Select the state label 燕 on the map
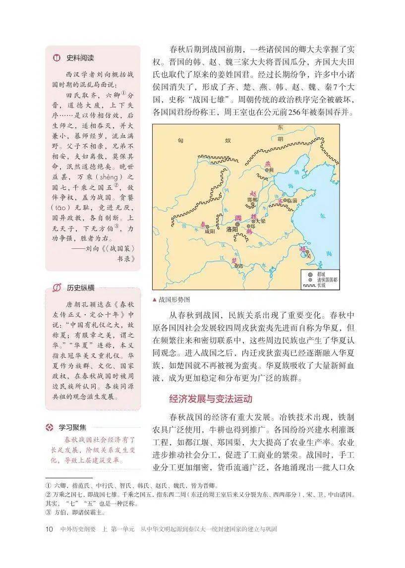point(268,164)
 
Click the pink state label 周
point(238,218)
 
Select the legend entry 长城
point(322,285)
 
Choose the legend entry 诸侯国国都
point(326,280)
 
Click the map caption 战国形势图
point(174,300)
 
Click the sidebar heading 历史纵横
point(81,287)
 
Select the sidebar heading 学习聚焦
point(72,427)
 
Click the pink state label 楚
point(234,260)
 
